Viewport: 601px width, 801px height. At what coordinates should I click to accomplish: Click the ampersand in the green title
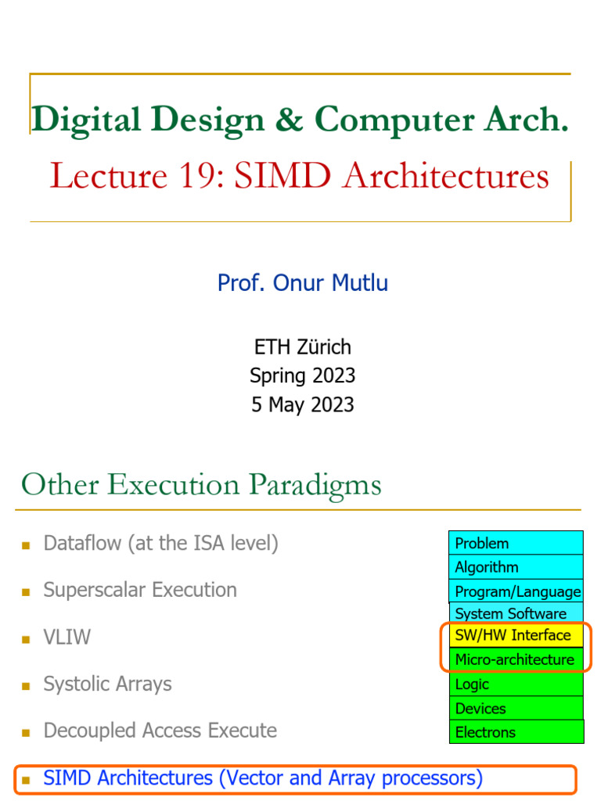click(x=289, y=120)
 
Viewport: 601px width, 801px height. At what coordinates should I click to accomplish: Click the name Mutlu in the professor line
click(x=358, y=282)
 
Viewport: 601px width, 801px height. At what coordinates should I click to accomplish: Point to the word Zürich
click(x=324, y=347)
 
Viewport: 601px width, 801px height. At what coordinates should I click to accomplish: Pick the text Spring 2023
click(x=302, y=375)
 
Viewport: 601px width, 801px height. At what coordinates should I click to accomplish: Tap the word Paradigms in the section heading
click(x=322, y=485)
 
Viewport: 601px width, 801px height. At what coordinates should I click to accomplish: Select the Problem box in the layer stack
click(x=516, y=543)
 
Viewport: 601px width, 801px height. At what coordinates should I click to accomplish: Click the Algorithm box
click(x=516, y=566)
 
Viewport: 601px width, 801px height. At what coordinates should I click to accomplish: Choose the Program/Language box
click(x=516, y=591)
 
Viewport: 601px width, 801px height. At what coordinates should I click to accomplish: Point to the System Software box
click(x=516, y=613)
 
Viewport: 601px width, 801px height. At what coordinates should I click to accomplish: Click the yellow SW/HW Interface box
click(x=516, y=634)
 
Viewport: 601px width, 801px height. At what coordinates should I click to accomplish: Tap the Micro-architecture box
click(x=516, y=659)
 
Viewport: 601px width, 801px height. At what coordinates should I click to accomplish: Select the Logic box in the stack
click(x=516, y=684)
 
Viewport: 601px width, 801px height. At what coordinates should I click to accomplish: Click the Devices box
click(x=516, y=708)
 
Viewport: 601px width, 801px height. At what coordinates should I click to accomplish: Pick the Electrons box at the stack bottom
click(x=516, y=732)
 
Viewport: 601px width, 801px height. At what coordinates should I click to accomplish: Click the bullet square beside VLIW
click(x=26, y=639)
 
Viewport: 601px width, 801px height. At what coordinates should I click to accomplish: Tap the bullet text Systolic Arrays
click(x=107, y=684)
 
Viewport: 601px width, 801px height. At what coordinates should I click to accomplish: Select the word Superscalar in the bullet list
click(x=89, y=590)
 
